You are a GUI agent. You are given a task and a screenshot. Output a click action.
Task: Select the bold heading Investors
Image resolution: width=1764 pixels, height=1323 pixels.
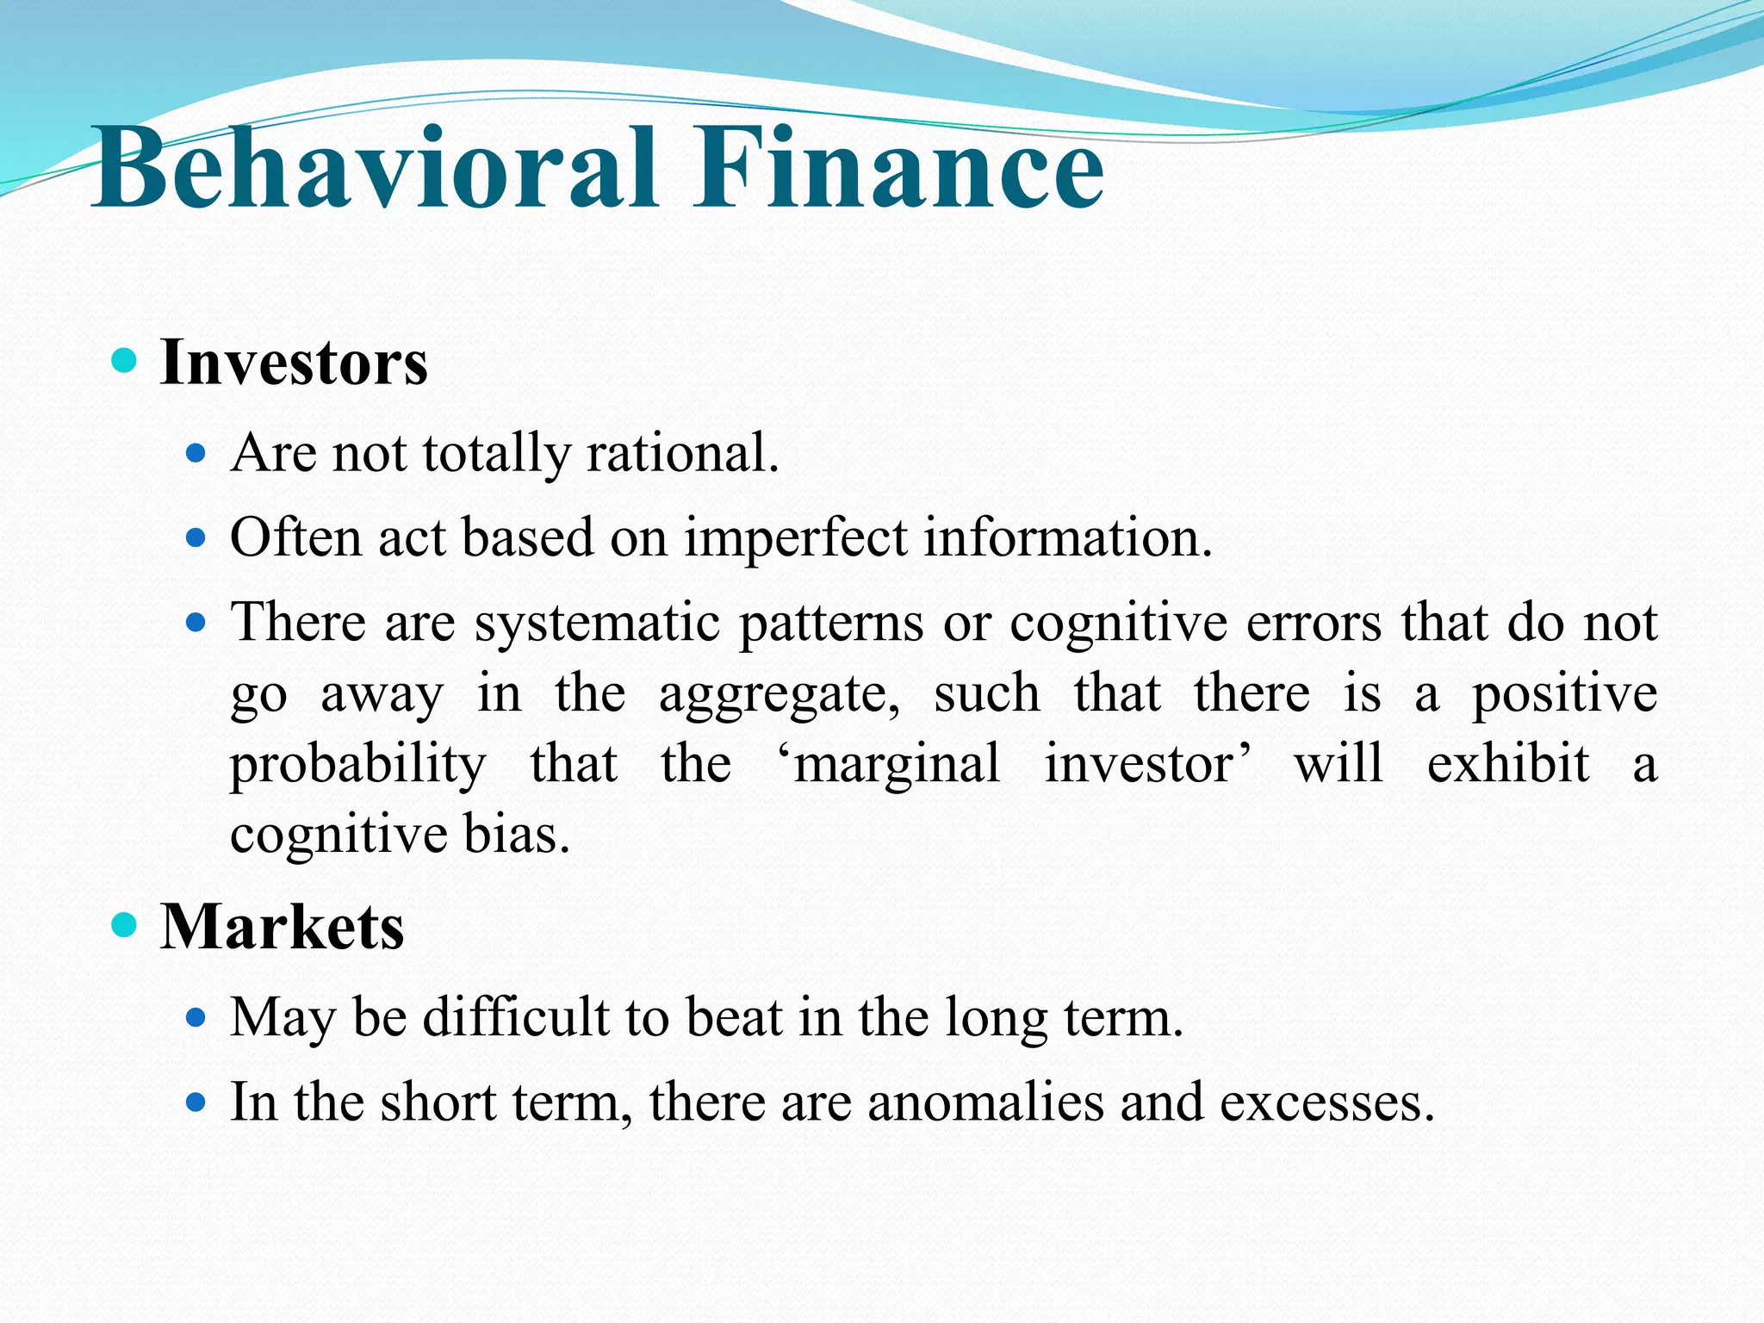[x=294, y=363]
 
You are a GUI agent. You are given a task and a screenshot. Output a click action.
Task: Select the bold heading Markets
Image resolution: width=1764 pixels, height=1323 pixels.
[x=283, y=928]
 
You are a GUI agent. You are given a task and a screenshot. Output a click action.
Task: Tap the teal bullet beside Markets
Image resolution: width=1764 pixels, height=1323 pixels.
[x=125, y=925]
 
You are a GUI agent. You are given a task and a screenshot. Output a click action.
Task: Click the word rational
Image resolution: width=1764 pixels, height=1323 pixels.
[x=682, y=453]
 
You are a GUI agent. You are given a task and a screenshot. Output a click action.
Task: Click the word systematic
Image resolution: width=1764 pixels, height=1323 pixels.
[x=597, y=623]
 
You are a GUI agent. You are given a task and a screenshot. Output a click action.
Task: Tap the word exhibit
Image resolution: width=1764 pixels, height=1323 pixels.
[x=1507, y=764]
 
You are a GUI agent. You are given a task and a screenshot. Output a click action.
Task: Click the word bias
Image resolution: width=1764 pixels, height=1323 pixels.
[x=517, y=835]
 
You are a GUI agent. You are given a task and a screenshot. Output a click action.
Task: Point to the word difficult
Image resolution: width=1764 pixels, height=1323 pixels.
[x=516, y=1017]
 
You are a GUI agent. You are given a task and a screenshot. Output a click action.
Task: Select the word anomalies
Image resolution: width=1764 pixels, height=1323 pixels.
[x=985, y=1102]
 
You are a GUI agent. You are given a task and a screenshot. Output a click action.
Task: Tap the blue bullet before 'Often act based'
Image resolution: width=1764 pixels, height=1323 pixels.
[x=196, y=538]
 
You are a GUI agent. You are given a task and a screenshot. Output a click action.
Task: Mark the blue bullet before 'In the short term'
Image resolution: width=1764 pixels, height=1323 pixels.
[x=196, y=1102]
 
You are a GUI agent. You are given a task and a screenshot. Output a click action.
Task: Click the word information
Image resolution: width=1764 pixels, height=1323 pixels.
[x=1068, y=537]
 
